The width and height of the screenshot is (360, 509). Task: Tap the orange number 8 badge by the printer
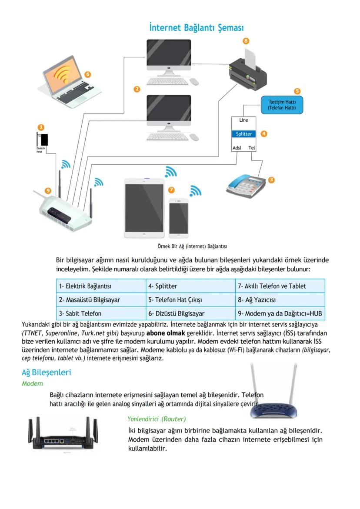pos(246,41)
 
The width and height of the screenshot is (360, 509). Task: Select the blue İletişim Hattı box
pos(282,105)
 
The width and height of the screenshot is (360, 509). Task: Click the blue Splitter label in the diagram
pos(243,134)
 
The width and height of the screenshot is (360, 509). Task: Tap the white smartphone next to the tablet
pos(178,218)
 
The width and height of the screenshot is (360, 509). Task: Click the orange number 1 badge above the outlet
pos(41,127)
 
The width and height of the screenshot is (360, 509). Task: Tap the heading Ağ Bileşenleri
pos(46,373)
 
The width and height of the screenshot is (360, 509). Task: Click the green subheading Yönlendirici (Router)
pos(157,419)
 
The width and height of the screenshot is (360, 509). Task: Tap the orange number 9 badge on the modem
pos(48,191)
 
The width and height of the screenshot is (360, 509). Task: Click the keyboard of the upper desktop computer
pos(167,81)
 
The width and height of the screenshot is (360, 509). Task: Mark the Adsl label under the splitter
pos(237,148)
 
